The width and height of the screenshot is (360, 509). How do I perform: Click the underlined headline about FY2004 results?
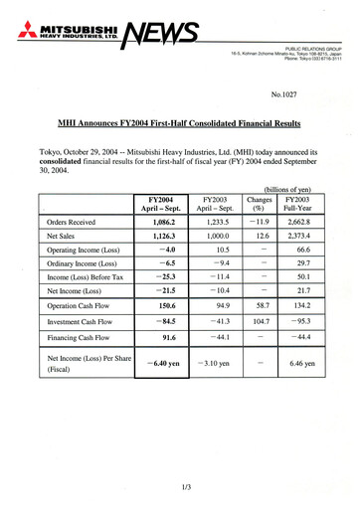pyautogui.click(x=179, y=126)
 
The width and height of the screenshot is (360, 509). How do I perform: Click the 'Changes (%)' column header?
pyautogui.click(x=263, y=205)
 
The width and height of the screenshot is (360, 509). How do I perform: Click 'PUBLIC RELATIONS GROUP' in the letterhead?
pyautogui.click(x=312, y=46)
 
